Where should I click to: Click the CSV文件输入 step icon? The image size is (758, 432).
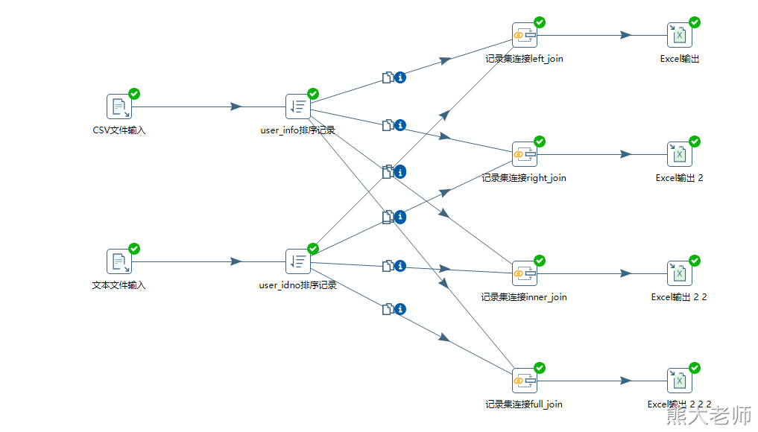tap(119, 107)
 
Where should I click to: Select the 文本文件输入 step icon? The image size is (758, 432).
tap(119, 261)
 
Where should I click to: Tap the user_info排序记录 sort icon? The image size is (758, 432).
tap(297, 107)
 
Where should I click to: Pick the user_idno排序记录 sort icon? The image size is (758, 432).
tap(297, 261)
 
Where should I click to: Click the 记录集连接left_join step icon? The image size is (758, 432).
tap(524, 35)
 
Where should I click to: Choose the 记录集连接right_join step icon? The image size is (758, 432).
tap(524, 154)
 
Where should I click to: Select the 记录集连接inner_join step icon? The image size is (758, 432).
tap(524, 273)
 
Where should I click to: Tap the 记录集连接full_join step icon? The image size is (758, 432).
tap(524, 381)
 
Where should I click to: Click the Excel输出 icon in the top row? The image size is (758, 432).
tap(679, 35)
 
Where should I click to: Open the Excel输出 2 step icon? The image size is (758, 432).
tap(679, 154)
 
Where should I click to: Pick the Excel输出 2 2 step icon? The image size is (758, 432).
tap(679, 273)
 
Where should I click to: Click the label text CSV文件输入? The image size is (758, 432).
tap(119, 130)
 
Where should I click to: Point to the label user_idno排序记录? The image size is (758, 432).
tap(297, 285)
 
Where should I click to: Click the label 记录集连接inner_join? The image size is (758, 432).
tap(524, 297)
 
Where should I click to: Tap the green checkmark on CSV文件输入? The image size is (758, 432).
tap(134, 94)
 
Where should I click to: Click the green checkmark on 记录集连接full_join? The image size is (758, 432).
tap(540, 368)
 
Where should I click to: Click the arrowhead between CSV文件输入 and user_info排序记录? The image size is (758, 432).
tap(236, 107)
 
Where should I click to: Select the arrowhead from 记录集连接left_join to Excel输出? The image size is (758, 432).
tap(625, 35)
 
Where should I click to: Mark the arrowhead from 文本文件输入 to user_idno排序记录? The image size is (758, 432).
tap(236, 261)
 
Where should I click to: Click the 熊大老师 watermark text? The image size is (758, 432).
tap(709, 415)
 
